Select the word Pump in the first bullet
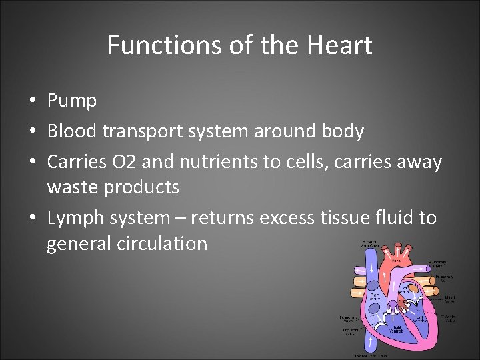pyautogui.click(x=72, y=101)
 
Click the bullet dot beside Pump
pyautogui.click(x=33, y=102)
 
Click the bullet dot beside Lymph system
pyautogui.click(x=33, y=219)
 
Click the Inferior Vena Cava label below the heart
pyautogui.click(x=371, y=357)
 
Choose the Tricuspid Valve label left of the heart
pyautogui.click(x=351, y=331)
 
